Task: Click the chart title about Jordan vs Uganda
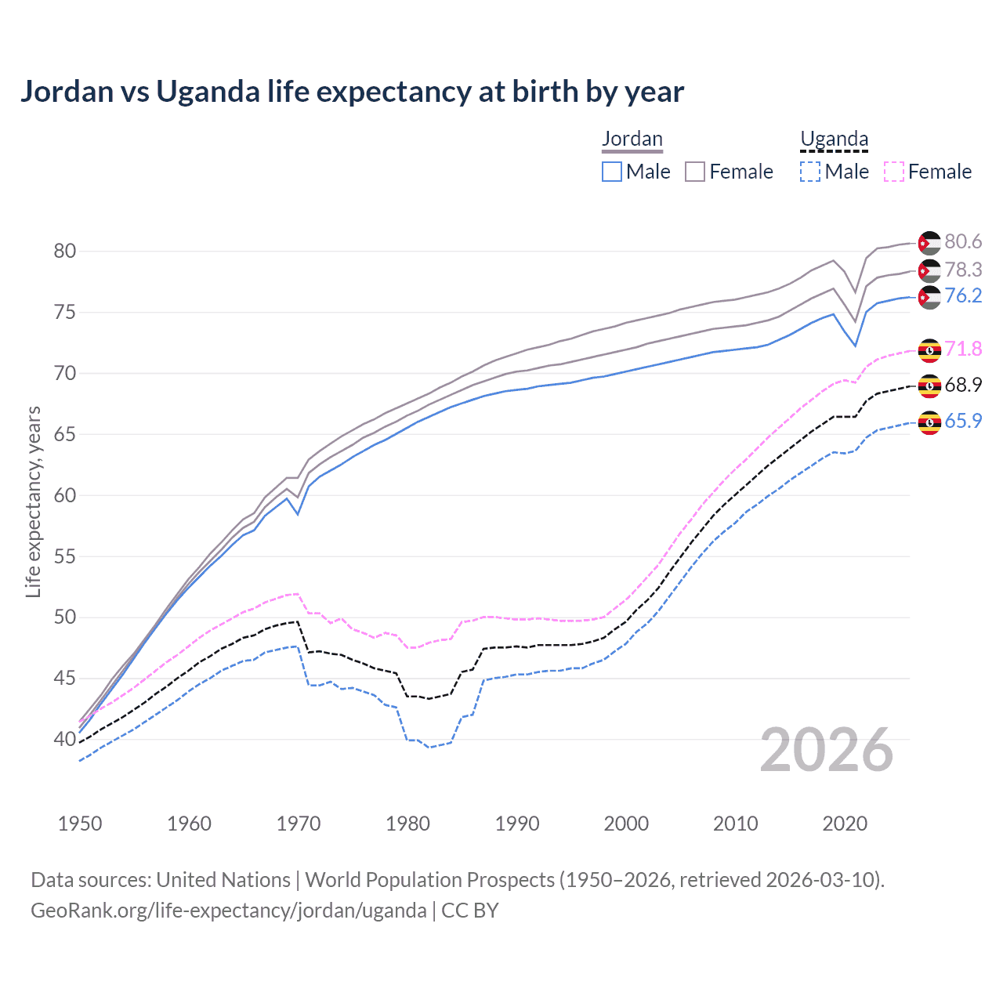[352, 92]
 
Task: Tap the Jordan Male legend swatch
[612, 172]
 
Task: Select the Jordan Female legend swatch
[695, 172]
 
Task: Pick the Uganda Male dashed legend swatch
[810, 172]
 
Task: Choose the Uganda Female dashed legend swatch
[894, 172]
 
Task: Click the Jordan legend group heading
[632, 139]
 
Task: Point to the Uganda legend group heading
[834, 139]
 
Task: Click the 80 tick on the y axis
[65, 252]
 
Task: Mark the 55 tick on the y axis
[65, 556]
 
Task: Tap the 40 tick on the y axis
[65, 739]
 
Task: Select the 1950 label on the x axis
[80, 824]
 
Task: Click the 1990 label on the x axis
[517, 824]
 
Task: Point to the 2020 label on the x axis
[845, 824]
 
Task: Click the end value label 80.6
[963, 242]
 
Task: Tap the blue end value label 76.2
[963, 296]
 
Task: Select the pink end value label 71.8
[963, 349]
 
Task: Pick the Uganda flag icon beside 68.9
[929, 386]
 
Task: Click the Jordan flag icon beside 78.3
[929, 271]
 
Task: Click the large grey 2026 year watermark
[827, 750]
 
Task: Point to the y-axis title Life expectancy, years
[34, 501]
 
